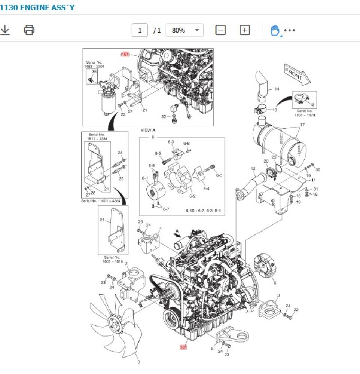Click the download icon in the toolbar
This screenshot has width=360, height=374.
pyautogui.click(x=5, y=30)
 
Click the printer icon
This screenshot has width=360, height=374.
pyautogui.click(x=29, y=30)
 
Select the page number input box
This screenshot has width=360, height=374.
pyautogui.click(x=140, y=30)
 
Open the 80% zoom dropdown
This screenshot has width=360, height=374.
pyautogui.click(x=184, y=30)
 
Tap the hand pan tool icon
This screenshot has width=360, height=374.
pyautogui.click(x=275, y=30)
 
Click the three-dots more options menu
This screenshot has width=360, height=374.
pyautogui.click(x=290, y=30)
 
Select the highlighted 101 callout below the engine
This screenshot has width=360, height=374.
pyautogui.click(x=183, y=347)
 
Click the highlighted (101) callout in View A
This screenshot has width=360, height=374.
pyautogui.click(x=125, y=54)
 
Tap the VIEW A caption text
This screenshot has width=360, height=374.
pyautogui.click(x=148, y=130)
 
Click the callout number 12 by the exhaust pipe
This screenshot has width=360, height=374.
pyautogui.click(x=253, y=169)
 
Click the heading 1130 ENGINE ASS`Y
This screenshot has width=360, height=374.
pyautogui.click(x=37, y=7)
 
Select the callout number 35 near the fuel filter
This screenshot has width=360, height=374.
pyautogui.click(x=94, y=71)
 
